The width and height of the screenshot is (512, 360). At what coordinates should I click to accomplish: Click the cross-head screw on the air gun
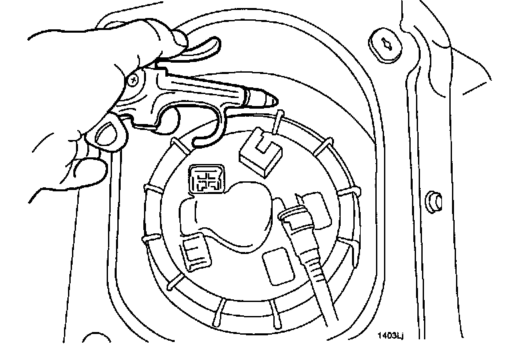click(135, 80)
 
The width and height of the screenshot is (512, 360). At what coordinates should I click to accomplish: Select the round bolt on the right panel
click(431, 199)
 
